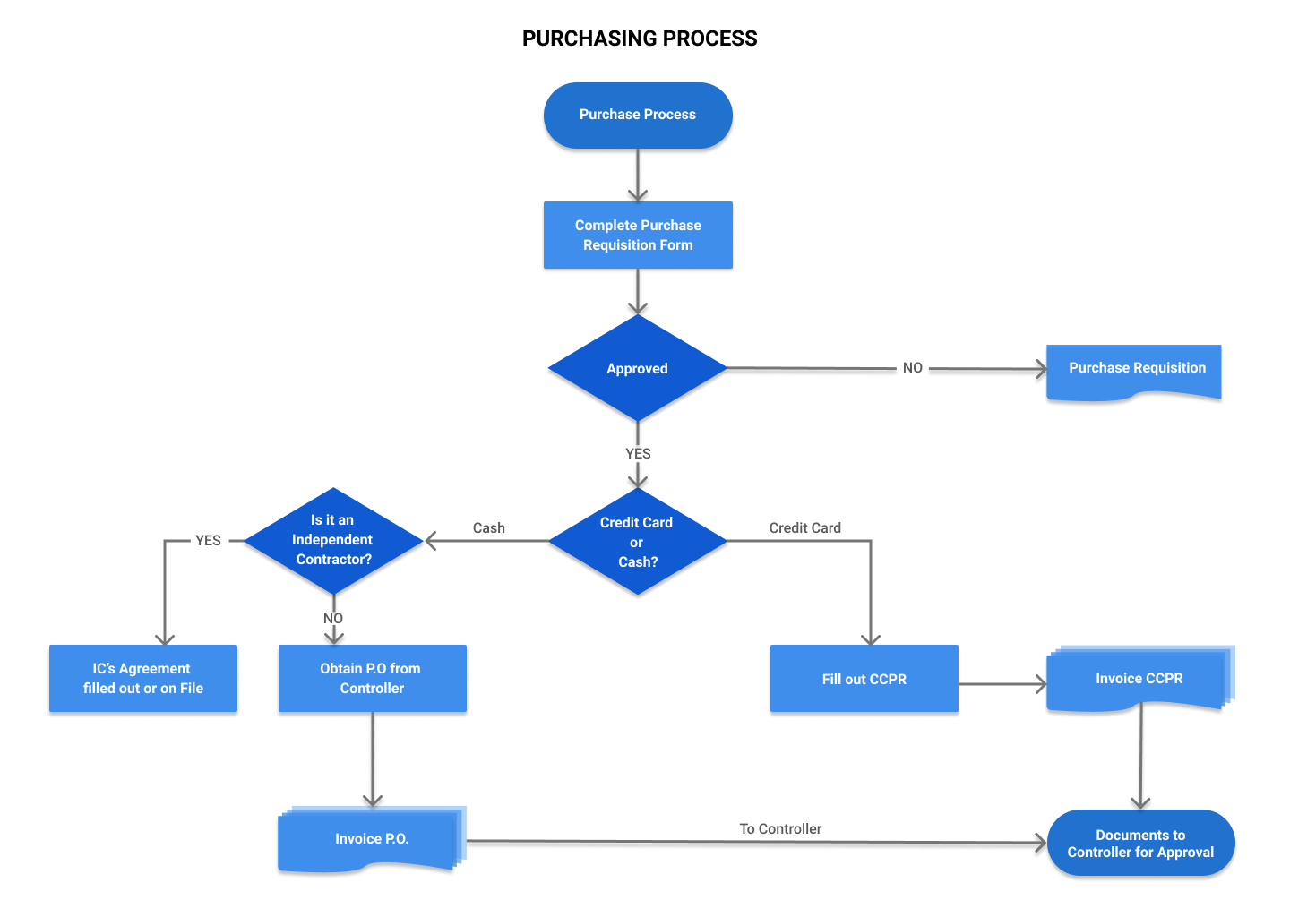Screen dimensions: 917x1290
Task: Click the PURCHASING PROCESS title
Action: point(640,39)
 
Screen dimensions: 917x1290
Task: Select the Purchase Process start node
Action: point(638,116)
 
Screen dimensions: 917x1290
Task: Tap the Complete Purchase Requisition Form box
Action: point(638,235)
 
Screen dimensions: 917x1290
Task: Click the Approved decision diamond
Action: point(637,368)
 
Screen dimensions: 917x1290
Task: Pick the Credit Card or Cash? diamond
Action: point(637,542)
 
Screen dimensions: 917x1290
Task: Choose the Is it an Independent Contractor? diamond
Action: point(332,540)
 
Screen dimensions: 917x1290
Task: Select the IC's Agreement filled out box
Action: point(143,678)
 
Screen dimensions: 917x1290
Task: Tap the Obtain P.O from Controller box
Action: point(372,678)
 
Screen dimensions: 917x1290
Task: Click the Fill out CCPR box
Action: point(864,679)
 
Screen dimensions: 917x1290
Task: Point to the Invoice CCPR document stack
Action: point(1138,679)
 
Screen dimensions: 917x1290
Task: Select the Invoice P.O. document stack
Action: point(371,839)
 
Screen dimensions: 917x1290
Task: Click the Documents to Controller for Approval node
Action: point(1140,843)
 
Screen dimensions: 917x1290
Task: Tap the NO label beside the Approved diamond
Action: point(912,368)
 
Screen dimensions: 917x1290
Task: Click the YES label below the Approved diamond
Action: point(638,454)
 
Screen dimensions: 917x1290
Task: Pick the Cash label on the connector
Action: point(488,528)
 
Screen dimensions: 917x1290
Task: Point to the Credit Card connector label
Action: point(804,528)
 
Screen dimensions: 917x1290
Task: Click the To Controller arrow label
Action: point(780,829)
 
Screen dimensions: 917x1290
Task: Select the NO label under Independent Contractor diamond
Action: point(333,619)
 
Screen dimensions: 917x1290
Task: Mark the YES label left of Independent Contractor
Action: point(208,541)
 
